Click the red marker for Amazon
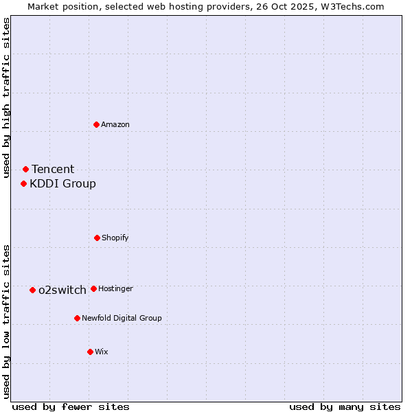97,124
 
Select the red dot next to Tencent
25,169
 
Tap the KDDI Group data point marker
23,183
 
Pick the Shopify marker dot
97,238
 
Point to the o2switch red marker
32,290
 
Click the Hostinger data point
93,288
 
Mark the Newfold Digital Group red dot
77,318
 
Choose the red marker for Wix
90,352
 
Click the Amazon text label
115,124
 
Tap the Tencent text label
53,169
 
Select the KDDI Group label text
62,183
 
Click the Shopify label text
115,238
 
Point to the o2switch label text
62,290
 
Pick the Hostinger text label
115,288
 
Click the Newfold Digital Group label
122,318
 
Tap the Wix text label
102,352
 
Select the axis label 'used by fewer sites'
71,407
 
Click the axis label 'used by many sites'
345,407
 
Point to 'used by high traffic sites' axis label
6,98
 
